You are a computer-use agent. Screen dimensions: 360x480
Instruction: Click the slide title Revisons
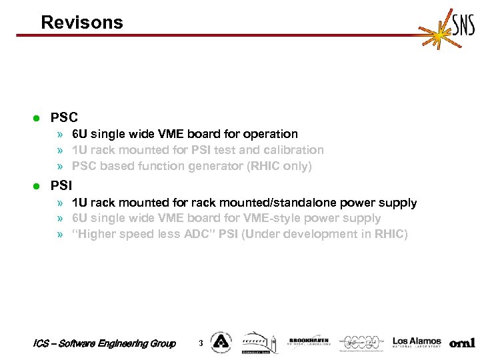(82, 23)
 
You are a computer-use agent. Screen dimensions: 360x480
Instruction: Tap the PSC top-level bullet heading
(64, 118)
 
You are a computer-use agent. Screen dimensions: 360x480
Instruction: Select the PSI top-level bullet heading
(61, 185)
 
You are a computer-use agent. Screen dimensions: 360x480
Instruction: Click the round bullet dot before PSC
(37, 119)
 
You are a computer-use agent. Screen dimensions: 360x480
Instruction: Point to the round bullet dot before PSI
(37, 185)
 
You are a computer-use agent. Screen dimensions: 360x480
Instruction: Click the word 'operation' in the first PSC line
(271, 135)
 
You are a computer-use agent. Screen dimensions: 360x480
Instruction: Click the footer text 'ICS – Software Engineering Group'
(104, 343)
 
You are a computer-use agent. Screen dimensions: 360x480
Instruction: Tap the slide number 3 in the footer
(201, 343)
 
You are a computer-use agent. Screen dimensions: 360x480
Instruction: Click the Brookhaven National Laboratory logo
(308, 342)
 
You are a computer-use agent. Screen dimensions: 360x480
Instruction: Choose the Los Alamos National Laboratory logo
(417, 342)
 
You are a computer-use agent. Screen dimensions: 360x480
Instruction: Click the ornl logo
(462, 343)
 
